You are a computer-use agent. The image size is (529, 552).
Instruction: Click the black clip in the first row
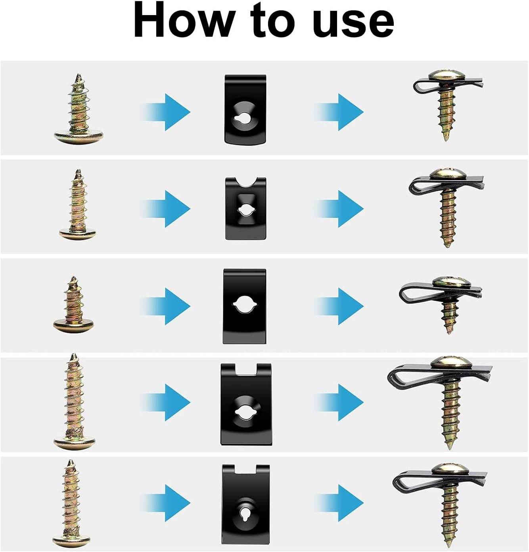[x=245, y=109]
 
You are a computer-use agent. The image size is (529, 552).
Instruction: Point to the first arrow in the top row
[x=166, y=112]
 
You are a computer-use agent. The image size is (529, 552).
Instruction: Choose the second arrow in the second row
[x=339, y=209]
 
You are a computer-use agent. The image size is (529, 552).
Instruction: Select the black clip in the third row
[x=245, y=306]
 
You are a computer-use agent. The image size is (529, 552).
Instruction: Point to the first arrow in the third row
[x=166, y=306]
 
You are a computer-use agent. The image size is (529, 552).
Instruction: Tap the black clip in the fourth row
[x=246, y=404]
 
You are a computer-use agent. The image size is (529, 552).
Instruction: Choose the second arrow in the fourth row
[x=339, y=403]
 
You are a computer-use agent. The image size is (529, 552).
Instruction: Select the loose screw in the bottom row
[x=71, y=504]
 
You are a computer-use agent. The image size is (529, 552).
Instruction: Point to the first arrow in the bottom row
[x=166, y=503]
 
